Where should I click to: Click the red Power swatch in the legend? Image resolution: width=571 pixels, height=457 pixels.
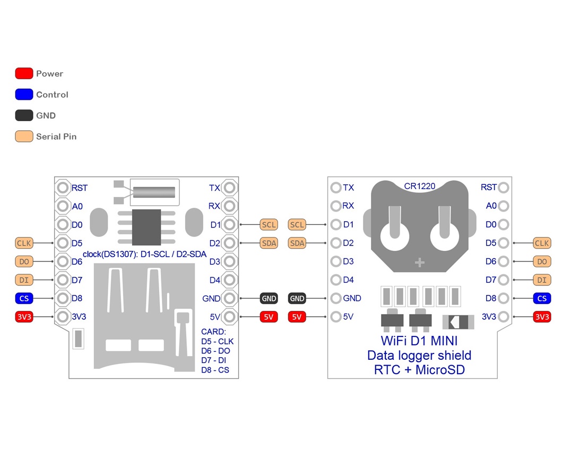coord(24,73)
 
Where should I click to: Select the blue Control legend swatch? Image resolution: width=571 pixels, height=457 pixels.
coord(24,95)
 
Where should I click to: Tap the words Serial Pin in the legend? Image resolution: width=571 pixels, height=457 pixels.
coord(56,137)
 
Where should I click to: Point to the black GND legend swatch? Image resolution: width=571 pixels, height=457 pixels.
coord(24,115)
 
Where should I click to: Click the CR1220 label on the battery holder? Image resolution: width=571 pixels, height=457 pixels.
coord(419,186)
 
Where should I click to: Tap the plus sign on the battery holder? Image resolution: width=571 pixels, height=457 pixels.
coord(420,263)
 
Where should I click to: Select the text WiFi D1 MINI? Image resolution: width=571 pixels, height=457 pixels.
coord(419,341)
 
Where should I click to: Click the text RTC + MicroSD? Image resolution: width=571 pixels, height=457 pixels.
coord(419,370)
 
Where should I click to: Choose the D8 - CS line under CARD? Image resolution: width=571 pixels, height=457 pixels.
coord(215,370)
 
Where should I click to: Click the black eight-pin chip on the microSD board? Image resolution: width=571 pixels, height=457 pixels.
coord(146,227)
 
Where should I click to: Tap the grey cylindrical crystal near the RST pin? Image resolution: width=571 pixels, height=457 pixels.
coord(154,192)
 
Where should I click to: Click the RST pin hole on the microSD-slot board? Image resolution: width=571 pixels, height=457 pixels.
coord(63,188)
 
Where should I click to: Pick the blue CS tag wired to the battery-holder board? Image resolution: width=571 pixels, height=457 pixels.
coord(542,298)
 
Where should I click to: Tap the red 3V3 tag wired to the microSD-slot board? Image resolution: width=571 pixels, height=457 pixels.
coord(24,317)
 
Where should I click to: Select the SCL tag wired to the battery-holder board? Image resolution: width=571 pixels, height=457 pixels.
coord(297,225)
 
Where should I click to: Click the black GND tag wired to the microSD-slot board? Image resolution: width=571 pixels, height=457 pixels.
coord(269,299)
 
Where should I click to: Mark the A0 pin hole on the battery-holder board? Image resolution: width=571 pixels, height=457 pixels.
coord(503,206)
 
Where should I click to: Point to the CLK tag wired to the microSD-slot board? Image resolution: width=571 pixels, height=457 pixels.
coord(24,243)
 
